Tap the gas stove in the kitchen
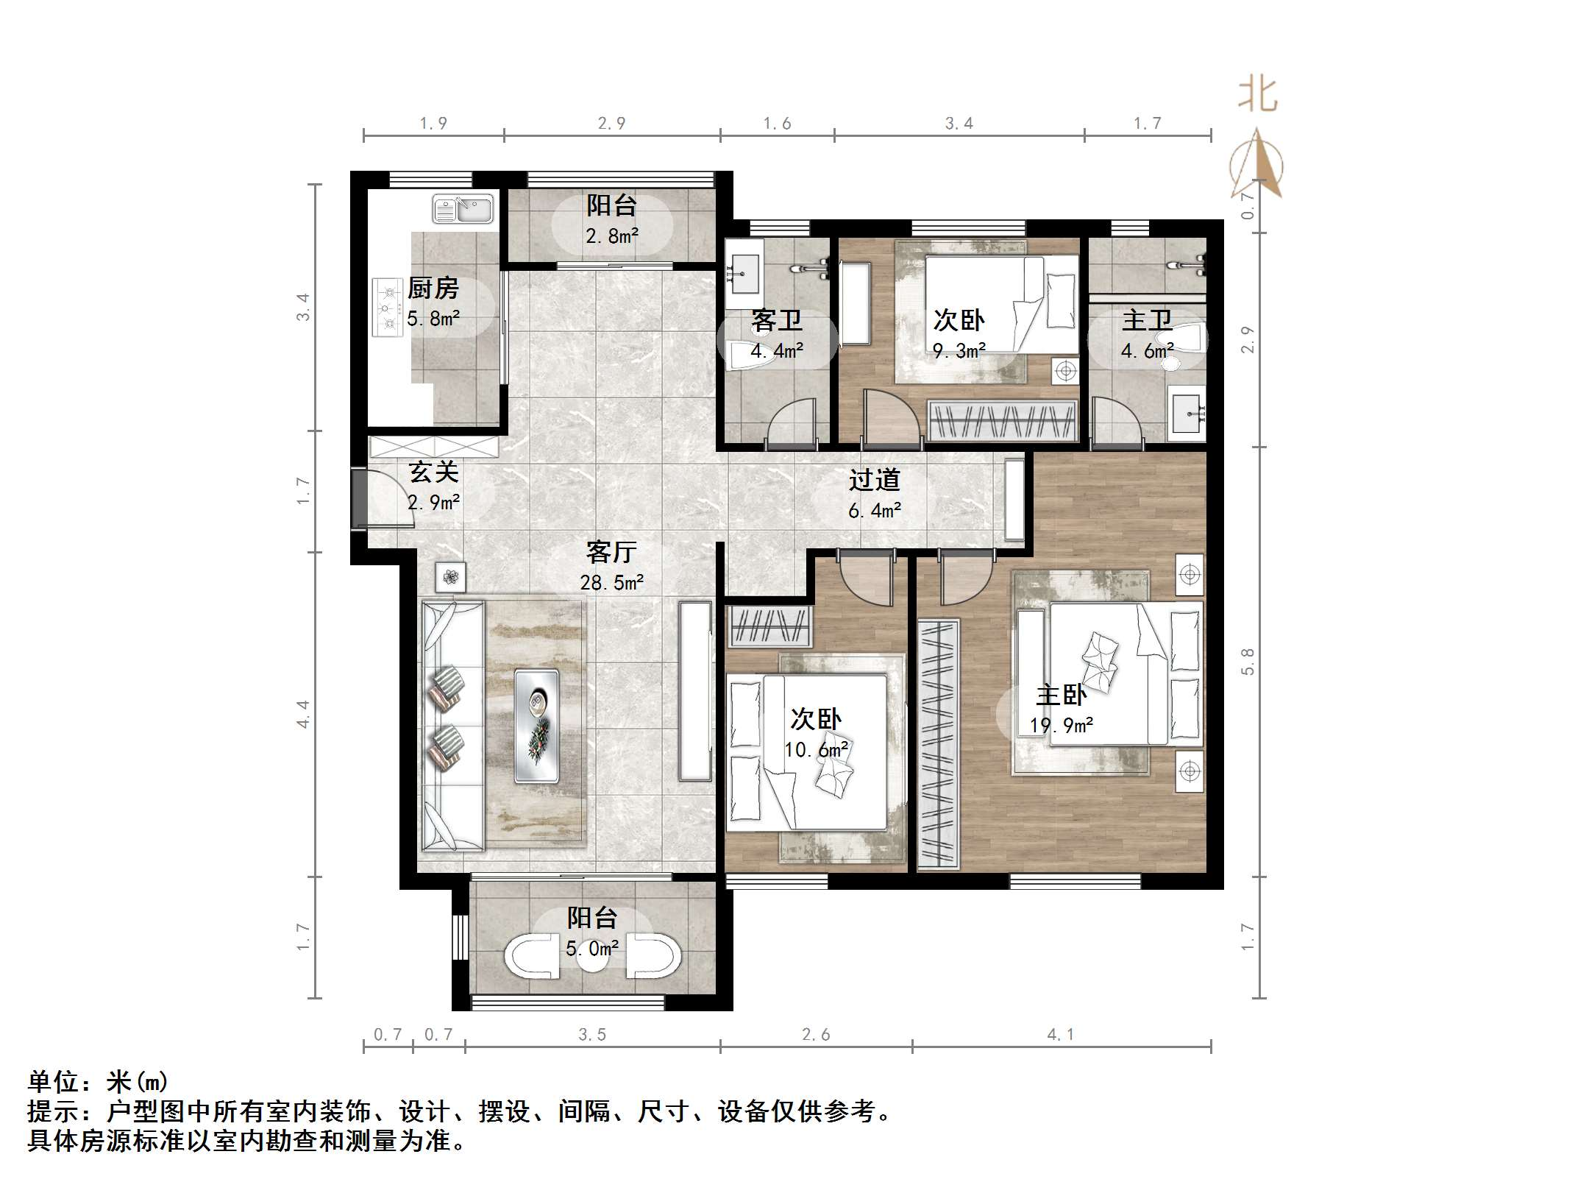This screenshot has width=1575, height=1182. click(387, 307)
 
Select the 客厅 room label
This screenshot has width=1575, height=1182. click(611, 551)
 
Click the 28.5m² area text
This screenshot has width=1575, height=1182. click(611, 583)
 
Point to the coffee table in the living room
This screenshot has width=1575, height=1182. click(536, 725)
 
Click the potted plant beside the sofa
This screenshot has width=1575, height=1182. click(450, 577)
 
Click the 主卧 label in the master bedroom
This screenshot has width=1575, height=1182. click(1061, 694)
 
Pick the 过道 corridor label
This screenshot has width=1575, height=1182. click(874, 480)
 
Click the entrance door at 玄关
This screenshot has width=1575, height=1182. click(360, 498)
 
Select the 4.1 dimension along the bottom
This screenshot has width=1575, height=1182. click(1061, 1034)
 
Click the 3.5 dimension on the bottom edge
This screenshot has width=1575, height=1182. click(591, 1034)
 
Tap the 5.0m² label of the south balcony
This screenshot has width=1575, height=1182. click(591, 949)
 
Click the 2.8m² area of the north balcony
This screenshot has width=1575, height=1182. click(611, 236)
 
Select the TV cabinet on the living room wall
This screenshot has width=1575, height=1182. click(694, 691)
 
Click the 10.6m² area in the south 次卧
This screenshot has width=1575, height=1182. click(816, 750)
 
